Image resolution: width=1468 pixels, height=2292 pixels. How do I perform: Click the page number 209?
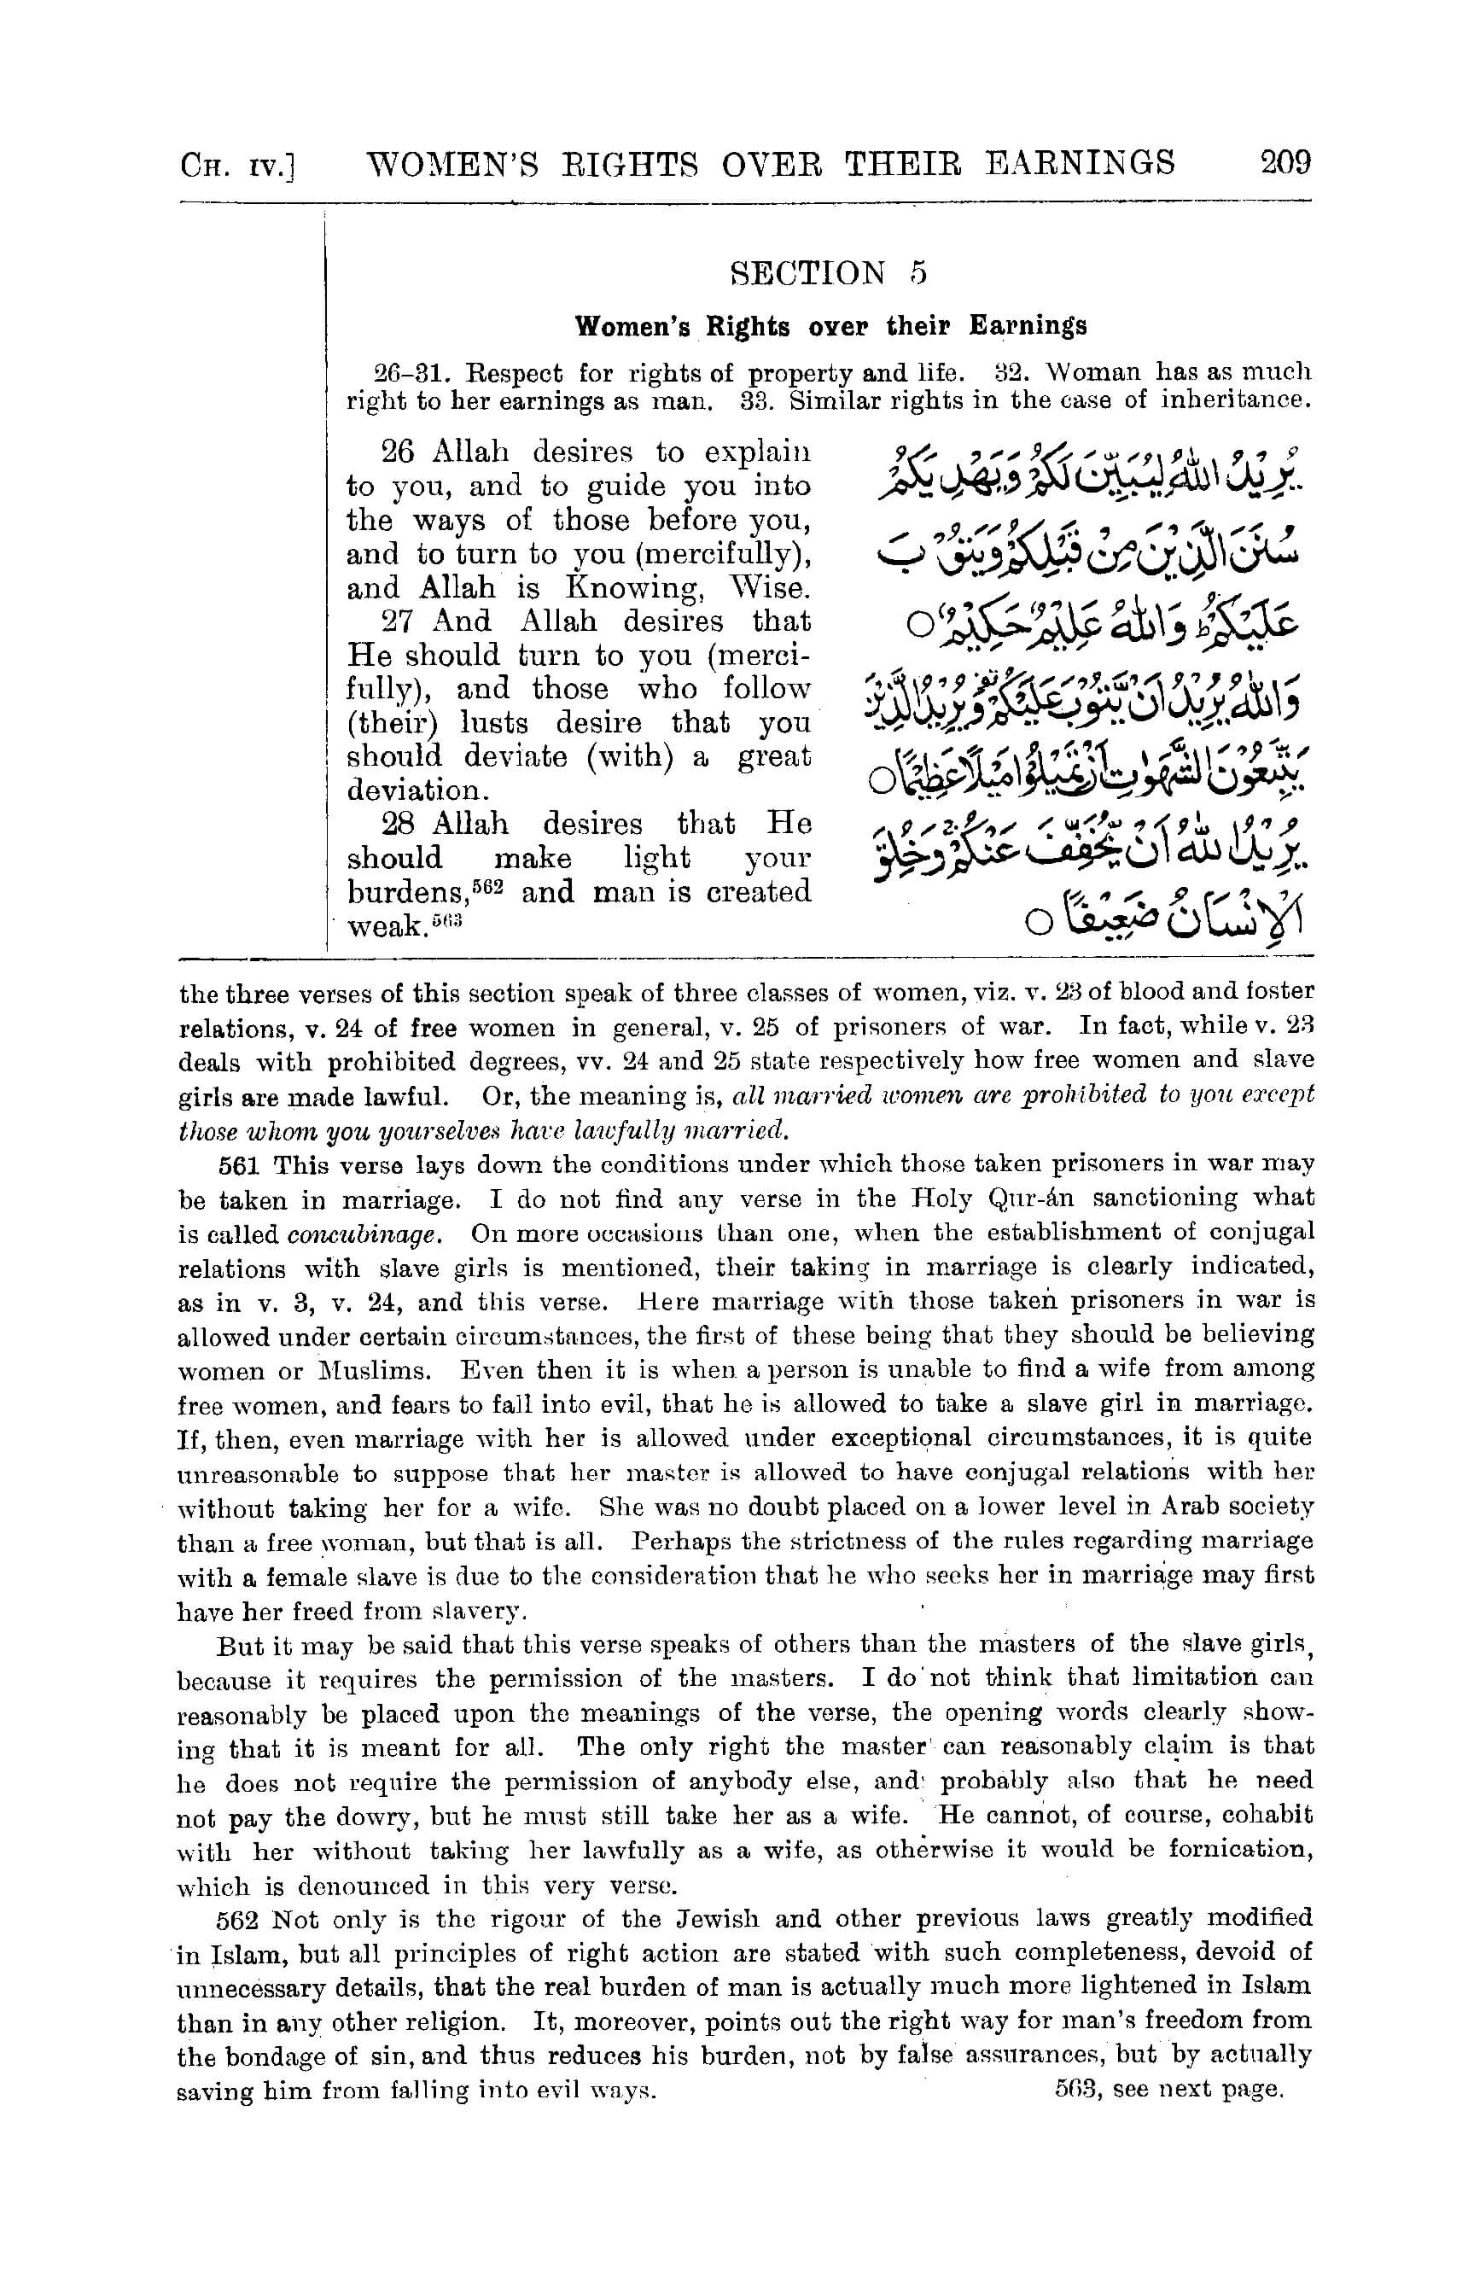1285,162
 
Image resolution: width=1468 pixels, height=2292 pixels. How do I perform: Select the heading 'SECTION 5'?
827,274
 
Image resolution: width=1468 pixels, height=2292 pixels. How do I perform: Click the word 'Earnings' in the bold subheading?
1028,326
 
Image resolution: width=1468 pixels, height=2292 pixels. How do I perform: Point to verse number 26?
397,451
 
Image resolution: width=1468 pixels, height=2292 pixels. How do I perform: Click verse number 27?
397,621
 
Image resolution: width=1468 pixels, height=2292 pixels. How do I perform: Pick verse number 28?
397,824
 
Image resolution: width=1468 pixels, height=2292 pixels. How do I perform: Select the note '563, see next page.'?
1168,2088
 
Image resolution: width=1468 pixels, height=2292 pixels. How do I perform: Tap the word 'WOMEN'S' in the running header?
453,163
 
